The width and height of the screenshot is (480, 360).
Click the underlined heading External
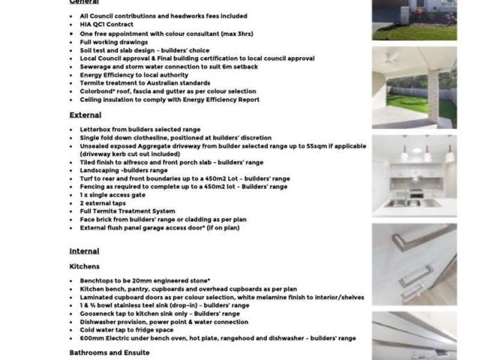click(x=85, y=115)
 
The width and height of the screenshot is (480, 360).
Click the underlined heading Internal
click(x=84, y=251)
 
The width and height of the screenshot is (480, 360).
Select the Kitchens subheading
click(x=85, y=266)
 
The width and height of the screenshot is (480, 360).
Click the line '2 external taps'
click(x=103, y=203)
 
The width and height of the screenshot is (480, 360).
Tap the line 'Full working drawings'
click(x=113, y=43)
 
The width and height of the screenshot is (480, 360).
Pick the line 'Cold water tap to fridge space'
click(x=127, y=330)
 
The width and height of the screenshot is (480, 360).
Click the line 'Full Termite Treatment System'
click(x=127, y=211)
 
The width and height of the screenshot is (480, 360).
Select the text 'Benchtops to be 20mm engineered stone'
click(x=144, y=280)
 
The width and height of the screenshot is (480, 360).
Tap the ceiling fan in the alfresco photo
click(x=393, y=57)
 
